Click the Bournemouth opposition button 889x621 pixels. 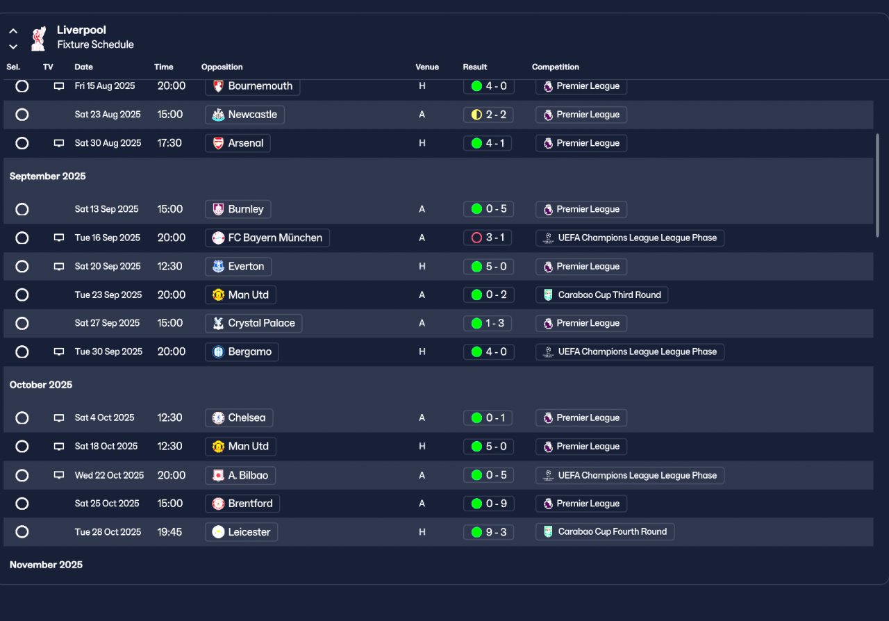tap(252, 86)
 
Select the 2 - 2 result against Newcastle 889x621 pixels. tap(488, 115)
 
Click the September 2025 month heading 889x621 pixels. tap(48, 176)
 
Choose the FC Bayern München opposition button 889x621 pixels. tap(267, 238)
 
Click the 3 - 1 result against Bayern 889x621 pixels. tap(488, 238)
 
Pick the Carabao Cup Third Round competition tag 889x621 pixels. tap(602, 295)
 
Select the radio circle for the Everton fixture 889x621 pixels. tap(22, 267)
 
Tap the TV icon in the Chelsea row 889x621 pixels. tap(59, 418)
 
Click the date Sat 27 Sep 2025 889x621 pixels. tap(107, 323)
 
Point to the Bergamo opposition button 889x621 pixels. tap(242, 351)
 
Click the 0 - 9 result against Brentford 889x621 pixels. tap(488, 504)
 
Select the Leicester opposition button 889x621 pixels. tap(242, 532)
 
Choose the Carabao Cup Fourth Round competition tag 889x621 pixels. tap(605, 532)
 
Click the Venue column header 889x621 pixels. tap(427, 67)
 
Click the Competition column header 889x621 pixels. tap(556, 67)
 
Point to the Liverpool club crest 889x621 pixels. tap(38, 38)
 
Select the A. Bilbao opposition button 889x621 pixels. tap(240, 475)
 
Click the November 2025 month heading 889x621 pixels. tap(46, 565)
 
